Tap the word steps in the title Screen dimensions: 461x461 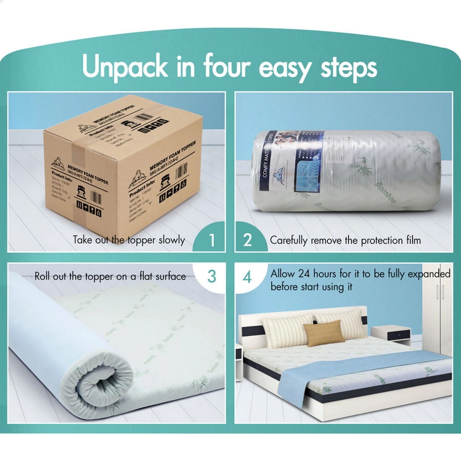tap(349, 67)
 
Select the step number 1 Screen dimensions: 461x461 tap(212, 240)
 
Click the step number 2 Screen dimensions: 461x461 tap(248, 240)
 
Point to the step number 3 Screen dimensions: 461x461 tap(212, 277)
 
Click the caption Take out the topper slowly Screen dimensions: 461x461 tap(129, 240)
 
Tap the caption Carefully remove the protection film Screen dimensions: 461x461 tap(345, 241)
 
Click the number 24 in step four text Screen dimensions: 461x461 tap(304, 274)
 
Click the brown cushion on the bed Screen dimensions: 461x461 tap(324, 334)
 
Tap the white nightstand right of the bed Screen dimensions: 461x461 tap(391, 335)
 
